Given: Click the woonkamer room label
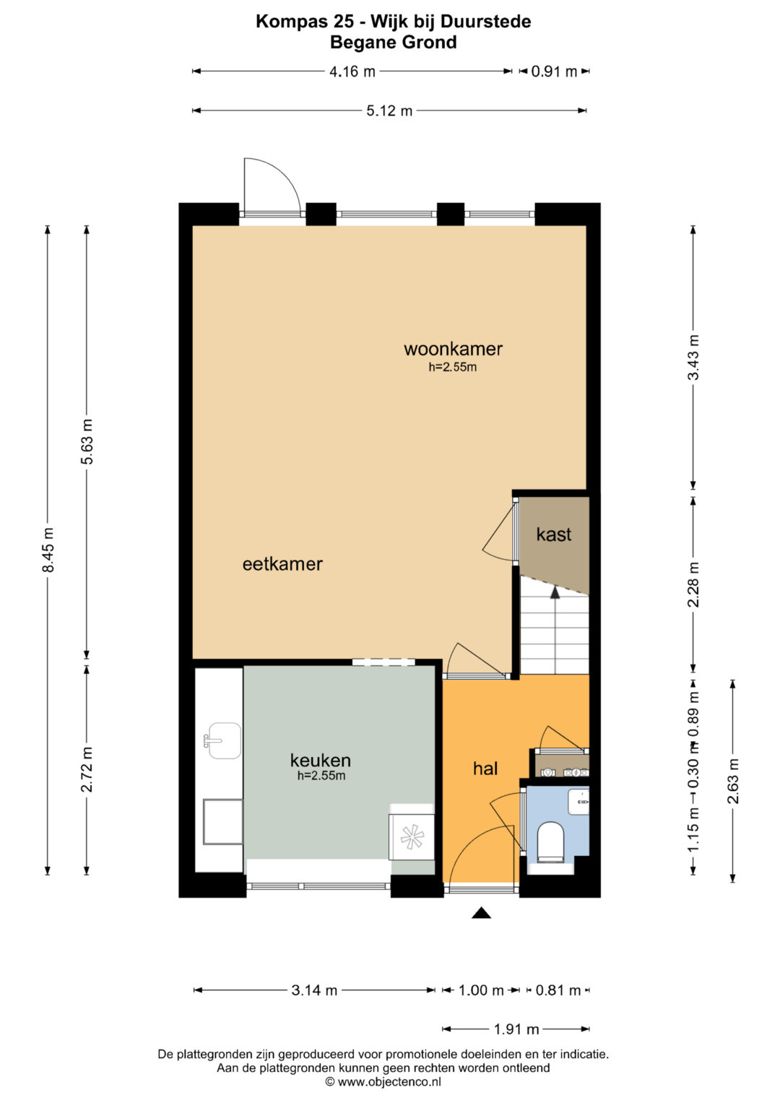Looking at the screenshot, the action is coord(453,349).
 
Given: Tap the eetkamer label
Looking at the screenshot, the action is coord(282,564).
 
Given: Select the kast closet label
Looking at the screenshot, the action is coord(553,535).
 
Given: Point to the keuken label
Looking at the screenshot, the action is coord(320,761).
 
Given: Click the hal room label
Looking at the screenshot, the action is coord(485,768).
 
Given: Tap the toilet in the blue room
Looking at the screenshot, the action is coord(550,842).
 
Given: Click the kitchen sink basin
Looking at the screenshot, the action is coord(225,740).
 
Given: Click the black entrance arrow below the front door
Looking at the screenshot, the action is coord(481,912).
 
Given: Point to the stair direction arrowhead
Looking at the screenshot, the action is coord(555,592).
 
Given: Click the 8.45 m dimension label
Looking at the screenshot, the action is coord(48,550).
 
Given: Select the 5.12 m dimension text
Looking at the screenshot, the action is coord(389,111).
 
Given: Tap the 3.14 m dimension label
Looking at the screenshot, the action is coord(314,990).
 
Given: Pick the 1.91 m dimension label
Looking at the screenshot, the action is coord(516,1029).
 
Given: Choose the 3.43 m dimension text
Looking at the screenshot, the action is coord(693,358).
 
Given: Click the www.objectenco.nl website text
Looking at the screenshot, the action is coord(389,1081).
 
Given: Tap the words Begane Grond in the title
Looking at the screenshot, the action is coord(393,43).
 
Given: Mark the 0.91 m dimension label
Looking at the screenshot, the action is coord(554,72).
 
